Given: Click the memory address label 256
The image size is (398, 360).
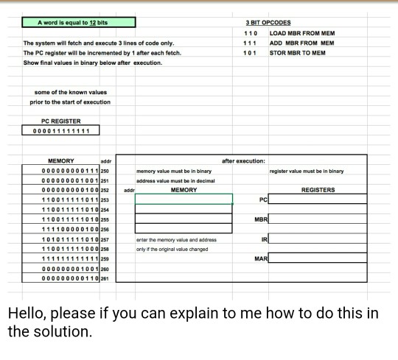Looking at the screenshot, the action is (104, 228).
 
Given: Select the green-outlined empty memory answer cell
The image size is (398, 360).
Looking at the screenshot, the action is (184, 200).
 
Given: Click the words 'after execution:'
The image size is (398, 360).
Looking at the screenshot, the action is (244, 160).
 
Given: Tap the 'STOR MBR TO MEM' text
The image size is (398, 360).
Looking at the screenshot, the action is (298, 53).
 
